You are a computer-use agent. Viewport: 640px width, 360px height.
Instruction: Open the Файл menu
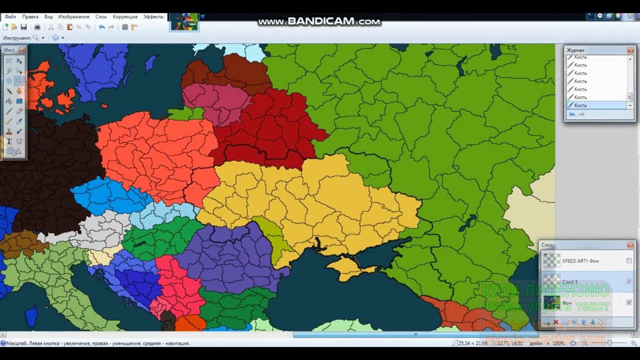[10, 16]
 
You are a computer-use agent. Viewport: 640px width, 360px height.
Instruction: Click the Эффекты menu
[153, 16]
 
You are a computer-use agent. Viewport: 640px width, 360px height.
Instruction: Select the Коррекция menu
[125, 16]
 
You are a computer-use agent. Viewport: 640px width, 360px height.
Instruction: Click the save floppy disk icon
[23, 27]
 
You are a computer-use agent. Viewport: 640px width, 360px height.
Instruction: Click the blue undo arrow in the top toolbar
[101, 27]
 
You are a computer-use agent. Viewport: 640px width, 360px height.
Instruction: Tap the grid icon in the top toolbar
[125, 27]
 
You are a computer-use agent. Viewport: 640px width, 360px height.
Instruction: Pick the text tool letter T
[9, 141]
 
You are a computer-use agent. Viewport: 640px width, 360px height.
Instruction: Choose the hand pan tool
[19, 91]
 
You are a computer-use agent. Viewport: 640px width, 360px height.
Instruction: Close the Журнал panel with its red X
[630, 50]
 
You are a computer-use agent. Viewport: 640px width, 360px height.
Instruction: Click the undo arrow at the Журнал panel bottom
[572, 114]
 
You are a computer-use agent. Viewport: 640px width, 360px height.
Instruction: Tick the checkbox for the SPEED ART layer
[629, 260]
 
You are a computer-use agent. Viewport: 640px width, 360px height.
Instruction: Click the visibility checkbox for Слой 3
[629, 281]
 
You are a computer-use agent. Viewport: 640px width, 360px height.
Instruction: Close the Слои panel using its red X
[630, 245]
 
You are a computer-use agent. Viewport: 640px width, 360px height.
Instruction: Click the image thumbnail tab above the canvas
[184, 22]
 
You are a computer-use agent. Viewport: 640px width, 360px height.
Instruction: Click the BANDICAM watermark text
[319, 21]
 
